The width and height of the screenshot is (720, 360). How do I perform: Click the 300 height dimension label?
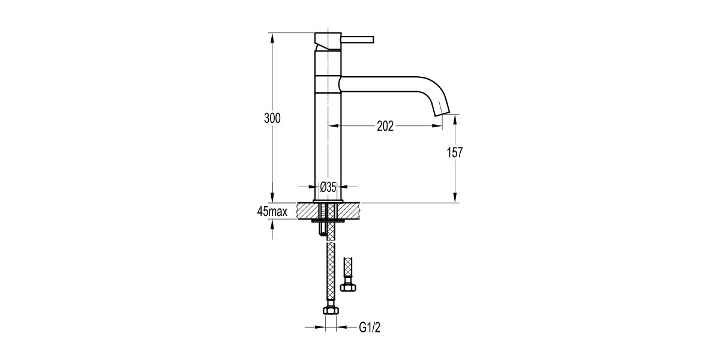point(272,118)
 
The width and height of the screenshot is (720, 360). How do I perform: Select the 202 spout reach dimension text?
point(385,126)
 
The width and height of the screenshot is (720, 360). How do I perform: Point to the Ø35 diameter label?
point(327,187)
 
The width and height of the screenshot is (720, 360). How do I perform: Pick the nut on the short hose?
point(346,286)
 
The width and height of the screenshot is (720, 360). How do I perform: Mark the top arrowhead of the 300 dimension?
point(272,37)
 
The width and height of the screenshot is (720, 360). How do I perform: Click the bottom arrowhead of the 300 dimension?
point(272,199)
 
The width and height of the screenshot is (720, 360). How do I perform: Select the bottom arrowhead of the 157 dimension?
point(455,199)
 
